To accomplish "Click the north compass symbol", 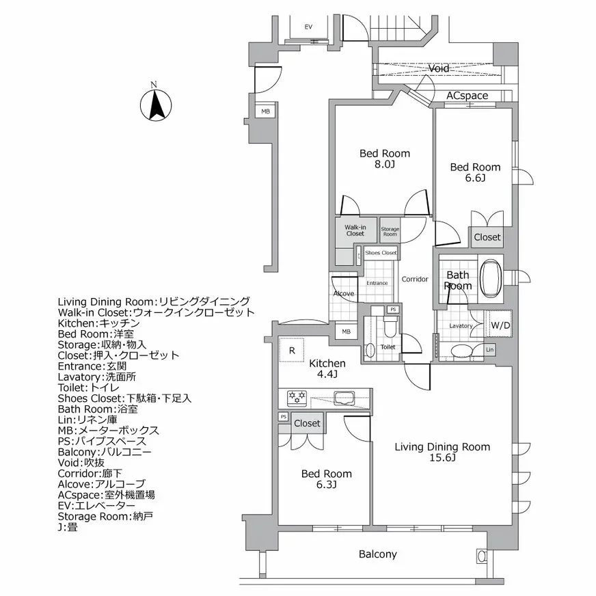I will pos(155,105).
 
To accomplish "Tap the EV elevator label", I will pos(308,27).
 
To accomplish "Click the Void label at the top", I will pos(439,69).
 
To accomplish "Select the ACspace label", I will pos(468,96).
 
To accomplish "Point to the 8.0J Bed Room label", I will pos(385,159).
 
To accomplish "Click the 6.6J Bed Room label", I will pos(474,172).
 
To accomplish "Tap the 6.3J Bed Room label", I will pos(327,479).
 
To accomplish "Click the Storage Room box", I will pos(390,231).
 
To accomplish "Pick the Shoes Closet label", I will pos(381,253).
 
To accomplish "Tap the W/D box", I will pos(500,326).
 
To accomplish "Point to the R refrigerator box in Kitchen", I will pos(292,351).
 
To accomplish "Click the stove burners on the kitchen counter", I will pos(298,396).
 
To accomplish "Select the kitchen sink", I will pos(342,397).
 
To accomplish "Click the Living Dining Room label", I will pos(442,452).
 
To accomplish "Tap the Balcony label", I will pos(377,554).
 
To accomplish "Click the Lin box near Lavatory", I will pos(489,349).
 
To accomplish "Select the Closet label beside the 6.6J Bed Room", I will pos(487,237).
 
